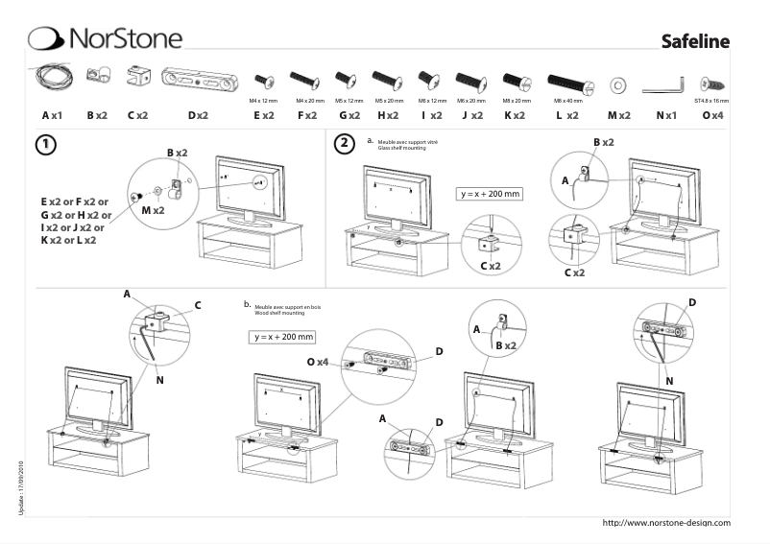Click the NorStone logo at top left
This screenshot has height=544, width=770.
tap(106, 37)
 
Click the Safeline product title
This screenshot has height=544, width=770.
tap(695, 41)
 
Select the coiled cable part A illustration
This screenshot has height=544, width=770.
tap(52, 77)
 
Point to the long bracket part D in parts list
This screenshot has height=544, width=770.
tap(198, 79)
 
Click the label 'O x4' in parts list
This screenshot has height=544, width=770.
tap(711, 115)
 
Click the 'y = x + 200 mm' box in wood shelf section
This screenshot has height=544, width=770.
tap(283, 337)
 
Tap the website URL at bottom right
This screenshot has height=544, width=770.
tap(665, 522)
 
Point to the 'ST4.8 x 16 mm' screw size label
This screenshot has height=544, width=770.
tap(710, 100)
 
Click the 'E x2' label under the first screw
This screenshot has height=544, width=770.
tap(263, 115)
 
